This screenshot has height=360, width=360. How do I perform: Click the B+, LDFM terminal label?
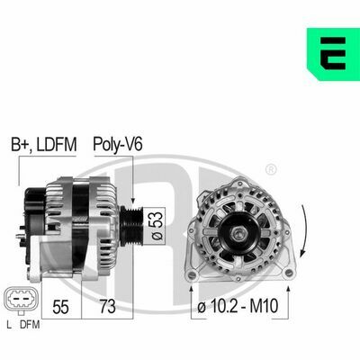tap(44, 145)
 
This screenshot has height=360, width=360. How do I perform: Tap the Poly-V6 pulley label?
tap(118, 144)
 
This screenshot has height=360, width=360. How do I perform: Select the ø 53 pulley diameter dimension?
tap(157, 226)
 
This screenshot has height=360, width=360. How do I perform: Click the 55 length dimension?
tap(60, 306)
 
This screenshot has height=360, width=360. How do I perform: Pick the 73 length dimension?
tap(107, 306)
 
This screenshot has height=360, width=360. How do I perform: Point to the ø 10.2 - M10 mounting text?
tap(238, 306)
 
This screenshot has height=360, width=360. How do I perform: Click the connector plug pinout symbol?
tap(21, 301)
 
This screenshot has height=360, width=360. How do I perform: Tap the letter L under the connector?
tap(9, 325)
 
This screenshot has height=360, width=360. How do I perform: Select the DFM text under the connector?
tap(30, 325)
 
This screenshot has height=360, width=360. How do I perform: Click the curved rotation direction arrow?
tap(305, 231)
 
